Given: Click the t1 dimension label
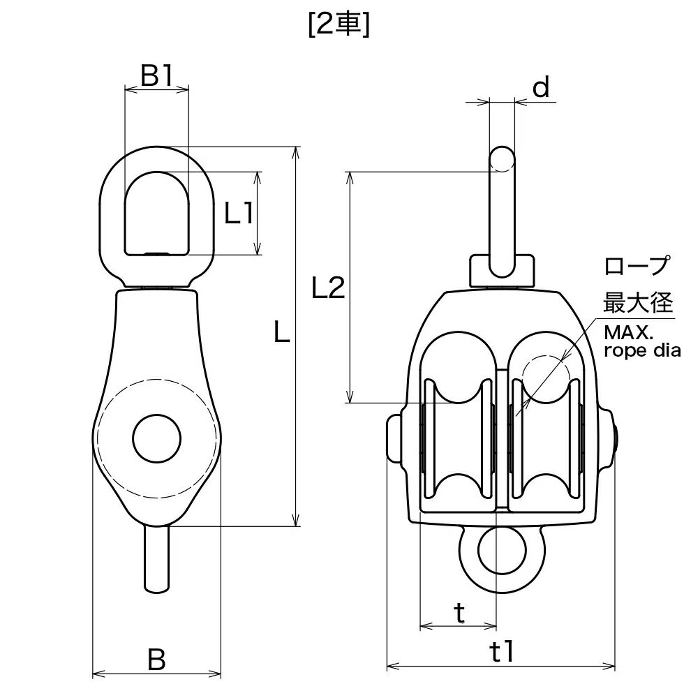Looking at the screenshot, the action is (x=502, y=653).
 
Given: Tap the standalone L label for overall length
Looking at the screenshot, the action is (x=282, y=331).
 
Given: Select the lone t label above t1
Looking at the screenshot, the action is (x=459, y=613).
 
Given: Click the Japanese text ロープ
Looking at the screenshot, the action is (x=637, y=266).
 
